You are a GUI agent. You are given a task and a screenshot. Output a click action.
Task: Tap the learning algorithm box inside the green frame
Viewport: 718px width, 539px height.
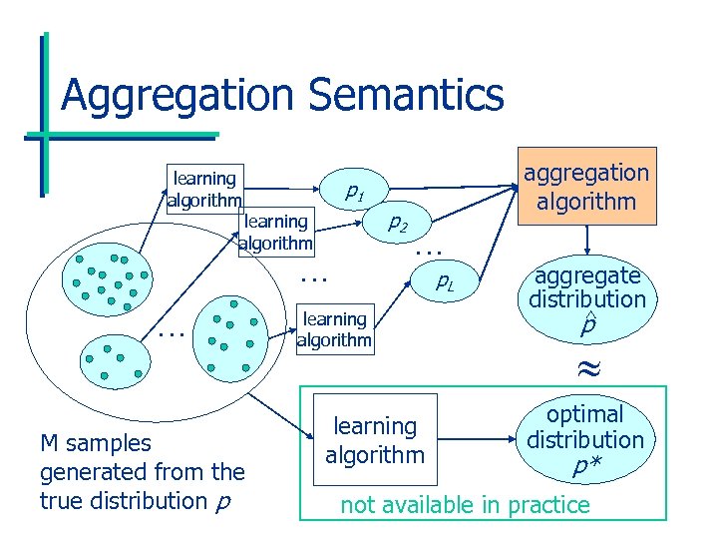click(375, 440)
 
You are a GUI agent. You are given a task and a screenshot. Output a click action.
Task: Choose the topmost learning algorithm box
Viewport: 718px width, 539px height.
click(203, 189)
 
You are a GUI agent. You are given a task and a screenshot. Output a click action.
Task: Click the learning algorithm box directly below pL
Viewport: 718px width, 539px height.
click(334, 329)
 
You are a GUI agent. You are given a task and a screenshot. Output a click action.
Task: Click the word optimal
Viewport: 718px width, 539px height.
click(586, 414)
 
